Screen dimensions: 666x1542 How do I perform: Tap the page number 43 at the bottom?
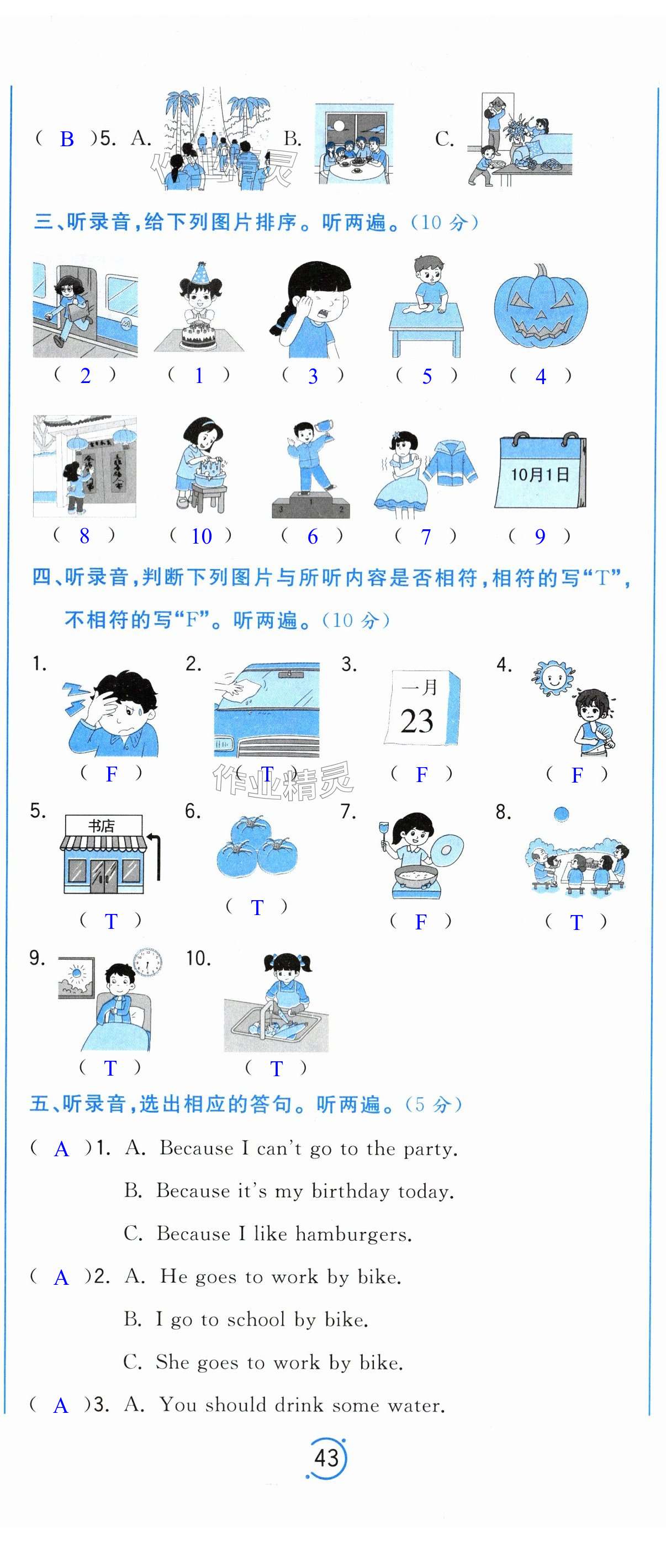326,1458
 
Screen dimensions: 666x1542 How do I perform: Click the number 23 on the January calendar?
417,721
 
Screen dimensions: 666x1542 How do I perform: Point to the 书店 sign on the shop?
101,826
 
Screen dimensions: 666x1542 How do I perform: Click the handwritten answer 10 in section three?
201,536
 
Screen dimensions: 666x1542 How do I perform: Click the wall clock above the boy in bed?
148,963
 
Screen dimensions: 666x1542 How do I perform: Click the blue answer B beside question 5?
67,139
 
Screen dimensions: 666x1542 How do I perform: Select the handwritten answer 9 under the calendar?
540,536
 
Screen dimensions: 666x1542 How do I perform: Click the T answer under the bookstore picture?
111,921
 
